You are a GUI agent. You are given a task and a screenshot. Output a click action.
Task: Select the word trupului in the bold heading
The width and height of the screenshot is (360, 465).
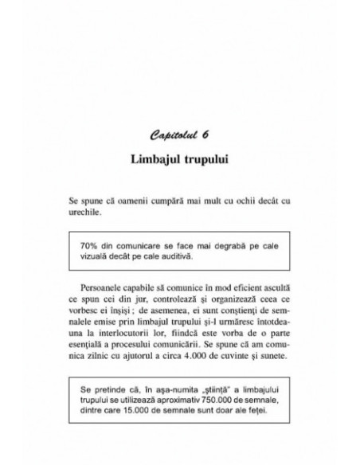pyautogui.click(x=208, y=158)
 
